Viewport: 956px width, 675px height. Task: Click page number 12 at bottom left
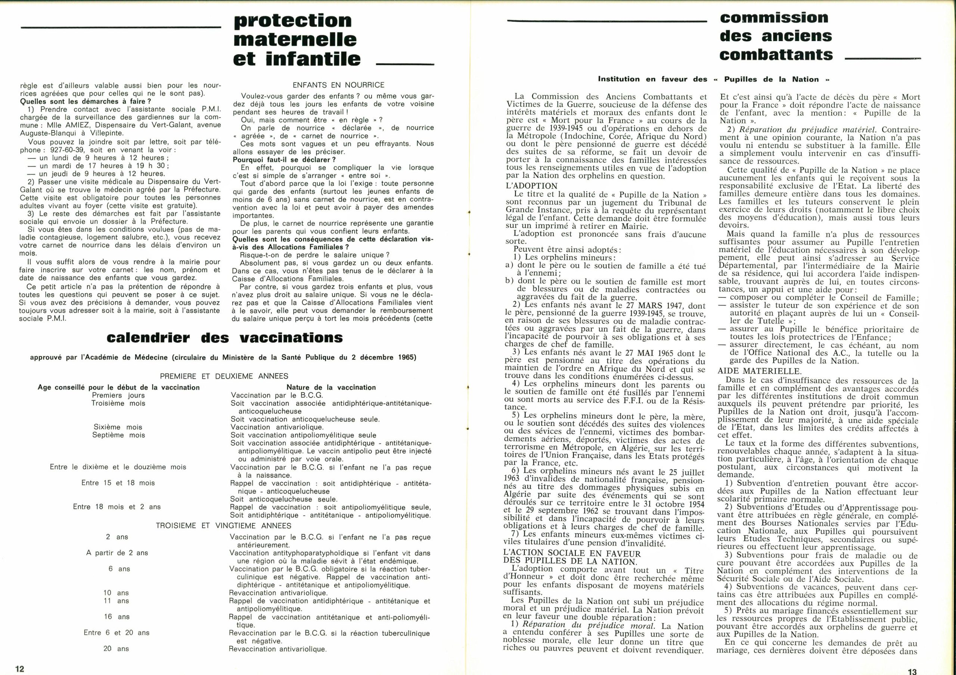[x=19, y=669]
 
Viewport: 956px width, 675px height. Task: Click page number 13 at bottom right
[x=912, y=671]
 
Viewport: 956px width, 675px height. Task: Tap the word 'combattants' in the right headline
[x=776, y=55]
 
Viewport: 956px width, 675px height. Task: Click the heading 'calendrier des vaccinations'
[x=225, y=337]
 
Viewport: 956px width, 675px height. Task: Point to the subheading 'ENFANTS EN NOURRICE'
[x=338, y=85]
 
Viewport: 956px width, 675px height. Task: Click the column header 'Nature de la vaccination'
[x=331, y=387]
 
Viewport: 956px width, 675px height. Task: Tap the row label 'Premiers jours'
[x=118, y=395]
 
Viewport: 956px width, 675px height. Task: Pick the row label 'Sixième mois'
[x=118, y=427]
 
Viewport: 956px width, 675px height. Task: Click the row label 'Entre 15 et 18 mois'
[x=118, y=483]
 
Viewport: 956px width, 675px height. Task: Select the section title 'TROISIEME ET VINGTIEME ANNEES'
[x=224, y=526]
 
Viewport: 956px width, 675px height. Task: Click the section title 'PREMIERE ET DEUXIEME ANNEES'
[x=224, y=376]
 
